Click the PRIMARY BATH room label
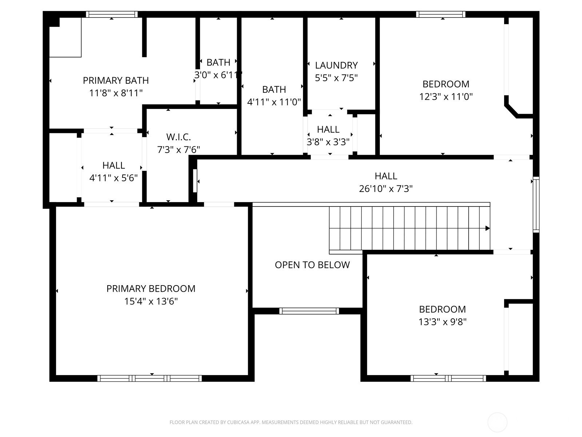(x=116, y=80)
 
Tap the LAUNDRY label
(x=336, y=65)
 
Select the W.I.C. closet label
(x=179, y=137)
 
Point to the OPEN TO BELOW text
(x=312, y=265)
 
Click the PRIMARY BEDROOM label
(x=151, y=288)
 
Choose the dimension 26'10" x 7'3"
(x=386, y=189)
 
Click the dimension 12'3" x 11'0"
(x=446, y=97)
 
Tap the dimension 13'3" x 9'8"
(x=442, y=322)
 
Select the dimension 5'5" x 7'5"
(x=336, y=78)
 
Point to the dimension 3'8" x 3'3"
(x=328, y=142)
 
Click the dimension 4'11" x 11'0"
(x=274, y=102)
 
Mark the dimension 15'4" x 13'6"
(x=151, y=301)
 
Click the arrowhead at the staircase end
(x=487, y=228)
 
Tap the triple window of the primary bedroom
(x=150, y=378)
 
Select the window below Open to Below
(x=309, y=311)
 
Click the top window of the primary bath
(x=112, y=14)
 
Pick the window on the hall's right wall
(x=536, y=205)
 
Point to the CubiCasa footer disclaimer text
(x=291, y=422)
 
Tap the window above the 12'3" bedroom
(x=441, y=14)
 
